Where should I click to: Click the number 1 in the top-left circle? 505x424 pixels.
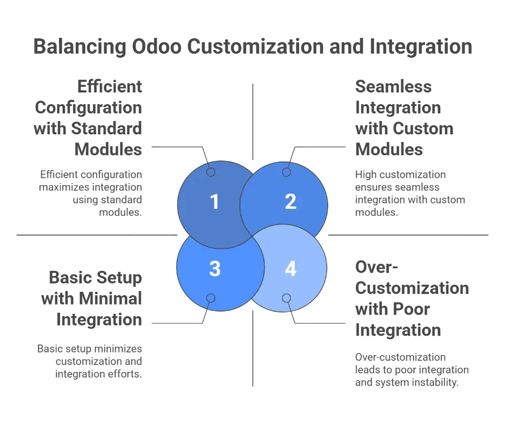(x=214, y=202)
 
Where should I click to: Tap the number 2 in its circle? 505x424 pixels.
(x=290, y=202)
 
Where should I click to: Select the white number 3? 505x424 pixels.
(x=214, y=269)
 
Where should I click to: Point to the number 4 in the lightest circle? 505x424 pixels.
(x=290, y=269)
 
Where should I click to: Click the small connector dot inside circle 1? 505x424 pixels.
(x=211, y=172)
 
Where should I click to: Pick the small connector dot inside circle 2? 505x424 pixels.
(x=287, y=172)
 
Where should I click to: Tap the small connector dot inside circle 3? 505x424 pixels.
(x=211, y=298)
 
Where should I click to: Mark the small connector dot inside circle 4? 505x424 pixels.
(x=287, y=298)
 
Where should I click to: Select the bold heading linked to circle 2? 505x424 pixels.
(x=398, y=116)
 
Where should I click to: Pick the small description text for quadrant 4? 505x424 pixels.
(x=412, y=370)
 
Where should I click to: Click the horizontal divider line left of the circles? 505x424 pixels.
(x=95, y=233)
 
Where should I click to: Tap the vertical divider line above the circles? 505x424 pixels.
(x=255, y=118)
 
